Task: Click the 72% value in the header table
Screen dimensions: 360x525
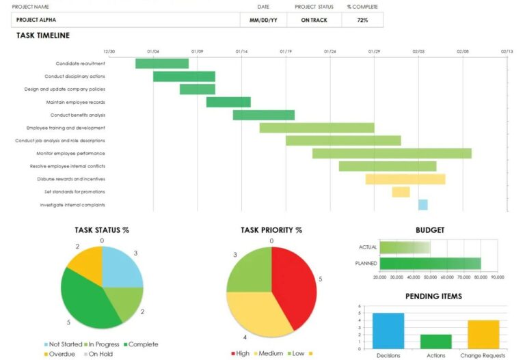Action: coord(362,20)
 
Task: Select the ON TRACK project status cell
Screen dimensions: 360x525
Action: coord(314,20)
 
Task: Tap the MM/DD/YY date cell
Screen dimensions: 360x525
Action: coord(263,20)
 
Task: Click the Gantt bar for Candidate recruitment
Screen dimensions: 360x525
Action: coord(161,64)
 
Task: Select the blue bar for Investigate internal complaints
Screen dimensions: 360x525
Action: coord(422,205)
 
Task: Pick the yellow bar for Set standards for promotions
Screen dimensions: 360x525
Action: coord(401,192)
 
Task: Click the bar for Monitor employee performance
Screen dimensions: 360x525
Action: coord(392,154)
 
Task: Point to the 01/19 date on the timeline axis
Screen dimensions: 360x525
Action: coord(286,51)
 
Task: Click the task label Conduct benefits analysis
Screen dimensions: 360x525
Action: coord(77,115)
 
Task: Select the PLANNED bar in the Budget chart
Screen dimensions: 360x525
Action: coord(430,263)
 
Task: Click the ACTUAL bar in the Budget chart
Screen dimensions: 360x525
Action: coord(405,247)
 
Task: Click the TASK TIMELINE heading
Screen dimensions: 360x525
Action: coord(43,36)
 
